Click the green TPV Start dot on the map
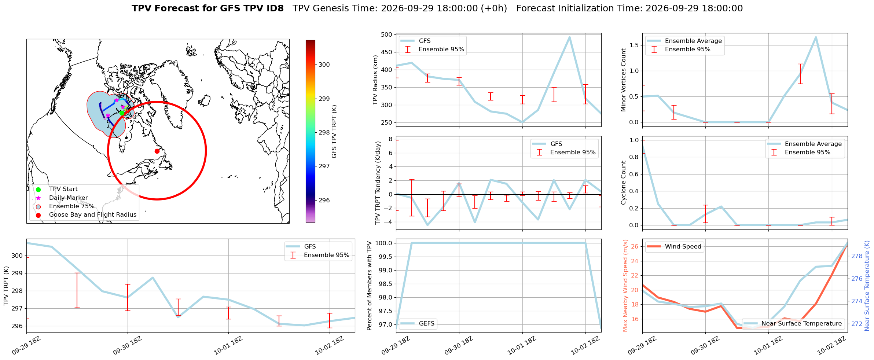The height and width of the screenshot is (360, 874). click(x=122, y=113)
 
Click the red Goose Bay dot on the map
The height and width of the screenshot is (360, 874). click(x=157, y=151)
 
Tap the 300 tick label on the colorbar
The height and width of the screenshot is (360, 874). click(x=324, y=65)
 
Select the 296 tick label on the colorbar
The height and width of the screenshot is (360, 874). click(x=324, y=201)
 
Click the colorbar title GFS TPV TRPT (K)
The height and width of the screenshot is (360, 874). click(x=334, y=132)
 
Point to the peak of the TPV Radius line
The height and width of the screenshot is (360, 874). click(x=569, y=37)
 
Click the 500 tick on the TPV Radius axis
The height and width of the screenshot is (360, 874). click(x=387, y=35)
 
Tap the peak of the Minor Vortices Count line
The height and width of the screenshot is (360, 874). click(x=816, y=37)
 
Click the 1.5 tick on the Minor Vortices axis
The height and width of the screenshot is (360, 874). click(x=634, y=45)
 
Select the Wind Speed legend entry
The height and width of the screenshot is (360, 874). click(x=674, y=247)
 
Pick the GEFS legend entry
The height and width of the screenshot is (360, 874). click(x=418, y=324)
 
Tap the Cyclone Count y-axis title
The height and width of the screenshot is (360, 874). click(x=623, y=183)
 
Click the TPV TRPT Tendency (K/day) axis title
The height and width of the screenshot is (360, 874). click(x=378, y=183)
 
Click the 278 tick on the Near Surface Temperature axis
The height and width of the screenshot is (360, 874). click(x=857, y=256)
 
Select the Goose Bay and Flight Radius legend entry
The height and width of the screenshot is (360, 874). click(x=86, y=215)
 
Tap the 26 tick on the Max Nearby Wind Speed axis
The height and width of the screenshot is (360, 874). click(x=635, y=246)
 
